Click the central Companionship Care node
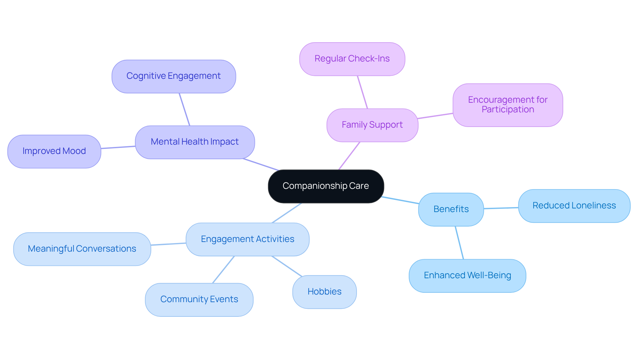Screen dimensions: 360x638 (x=326, y=186)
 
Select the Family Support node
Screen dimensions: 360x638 (x=372, y=125)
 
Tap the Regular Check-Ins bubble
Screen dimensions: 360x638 (x=352, y=59)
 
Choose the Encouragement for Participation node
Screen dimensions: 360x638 (x=507, y=105)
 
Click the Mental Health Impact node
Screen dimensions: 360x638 (x=195, y=142)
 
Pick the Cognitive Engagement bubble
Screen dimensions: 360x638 (x=173, y=76)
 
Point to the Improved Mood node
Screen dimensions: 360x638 (x=54, y=151)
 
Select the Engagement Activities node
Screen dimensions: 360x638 (x=247, y=239)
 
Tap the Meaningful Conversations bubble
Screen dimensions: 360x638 (x=82, y=249)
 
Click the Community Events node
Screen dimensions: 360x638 (x=199, y=299)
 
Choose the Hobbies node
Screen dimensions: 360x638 (x=324, y=292)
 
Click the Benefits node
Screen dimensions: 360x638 (x=451, y=209)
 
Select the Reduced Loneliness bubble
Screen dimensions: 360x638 (x=574, y=206)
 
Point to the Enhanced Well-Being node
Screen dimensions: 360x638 (x=467, y=276)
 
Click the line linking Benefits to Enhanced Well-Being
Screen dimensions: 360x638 (x=459, y=243)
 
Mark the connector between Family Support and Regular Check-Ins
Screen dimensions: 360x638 (x=363, y=92)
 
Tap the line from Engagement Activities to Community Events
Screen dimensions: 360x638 (x=224, y=270)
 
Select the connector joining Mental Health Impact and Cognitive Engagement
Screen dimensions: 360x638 (x=184, y=109)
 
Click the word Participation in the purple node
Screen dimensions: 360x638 (x=508, y=110)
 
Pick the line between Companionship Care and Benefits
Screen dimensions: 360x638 (x=400, y=200)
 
